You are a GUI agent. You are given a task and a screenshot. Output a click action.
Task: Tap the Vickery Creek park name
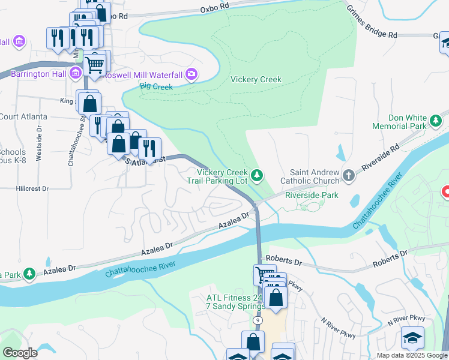(256, 79)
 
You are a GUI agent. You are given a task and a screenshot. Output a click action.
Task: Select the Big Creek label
(156, 87)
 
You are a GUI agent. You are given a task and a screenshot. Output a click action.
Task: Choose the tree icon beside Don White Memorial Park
(436, 122)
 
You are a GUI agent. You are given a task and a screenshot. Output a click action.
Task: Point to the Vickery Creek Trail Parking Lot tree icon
(257, 176)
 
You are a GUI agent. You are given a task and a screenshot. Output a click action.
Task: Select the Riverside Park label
(312, 195)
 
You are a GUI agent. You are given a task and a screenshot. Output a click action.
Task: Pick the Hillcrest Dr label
(32, 188)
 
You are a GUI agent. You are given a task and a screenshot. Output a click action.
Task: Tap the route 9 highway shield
(258, 321)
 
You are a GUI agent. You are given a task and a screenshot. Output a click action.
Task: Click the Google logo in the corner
(20, 353)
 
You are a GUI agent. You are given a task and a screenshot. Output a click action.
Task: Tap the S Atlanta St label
(145, 160)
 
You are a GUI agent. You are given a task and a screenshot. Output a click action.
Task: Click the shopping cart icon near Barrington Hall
(94, 62)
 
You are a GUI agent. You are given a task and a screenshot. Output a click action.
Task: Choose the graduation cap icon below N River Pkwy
(412, 338)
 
